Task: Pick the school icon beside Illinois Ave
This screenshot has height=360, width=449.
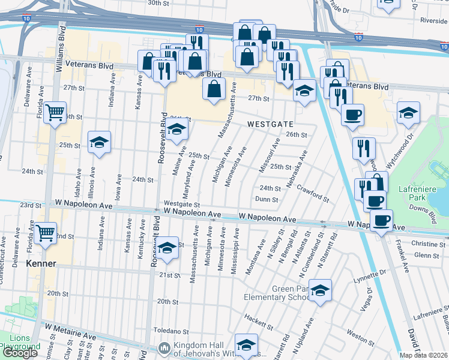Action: (x=99, y=142)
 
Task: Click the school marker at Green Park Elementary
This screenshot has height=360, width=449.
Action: (x=320, y=290)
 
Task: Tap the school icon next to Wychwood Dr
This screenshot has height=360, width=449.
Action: (x=408, y=112)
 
